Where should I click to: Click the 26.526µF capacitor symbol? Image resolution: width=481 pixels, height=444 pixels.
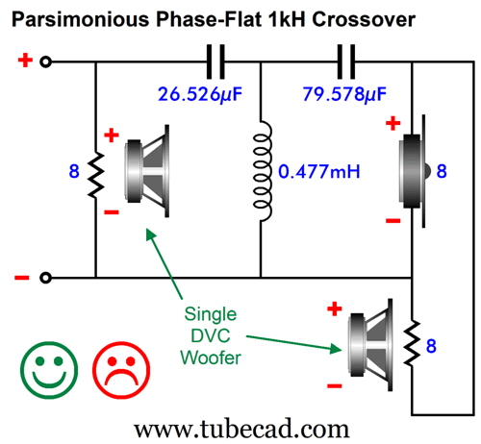click(x=215, y=62)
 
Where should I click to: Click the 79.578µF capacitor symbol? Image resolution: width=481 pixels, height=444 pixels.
click(x=346, y=62)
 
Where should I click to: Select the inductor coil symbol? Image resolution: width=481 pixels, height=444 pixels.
click(x=263, y=171)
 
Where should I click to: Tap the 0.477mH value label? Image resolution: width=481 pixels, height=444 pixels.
click(x=319, y=171)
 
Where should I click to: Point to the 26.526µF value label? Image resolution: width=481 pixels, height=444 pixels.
click(x=200, y=94)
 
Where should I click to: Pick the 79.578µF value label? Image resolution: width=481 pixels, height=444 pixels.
click(x=344, y=94)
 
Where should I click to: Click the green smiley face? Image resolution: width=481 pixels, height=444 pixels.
click(x=49, y=370)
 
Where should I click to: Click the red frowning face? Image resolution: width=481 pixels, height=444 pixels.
click(x=121, y=370)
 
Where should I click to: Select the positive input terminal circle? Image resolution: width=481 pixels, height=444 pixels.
click(x=45, y=62)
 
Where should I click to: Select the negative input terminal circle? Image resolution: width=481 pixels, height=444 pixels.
click(x=45, y=278)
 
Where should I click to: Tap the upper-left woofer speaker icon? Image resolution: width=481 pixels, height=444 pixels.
click(x=147, y=171)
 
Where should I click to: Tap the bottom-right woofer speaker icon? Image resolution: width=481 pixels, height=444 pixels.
click(x=370, y=345)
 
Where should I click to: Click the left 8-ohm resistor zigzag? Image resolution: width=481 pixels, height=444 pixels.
click(x=96, y=175)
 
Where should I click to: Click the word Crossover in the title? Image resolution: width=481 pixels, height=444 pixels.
click(x=364, y=19)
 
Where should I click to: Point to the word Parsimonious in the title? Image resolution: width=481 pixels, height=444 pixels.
click(x=81, y=19)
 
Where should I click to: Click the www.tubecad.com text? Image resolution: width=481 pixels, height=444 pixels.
click(x=241, y=429)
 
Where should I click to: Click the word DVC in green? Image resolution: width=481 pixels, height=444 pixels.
click(x=211, y=336)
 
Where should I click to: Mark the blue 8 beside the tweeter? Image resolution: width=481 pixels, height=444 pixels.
click(x=442, y=171)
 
